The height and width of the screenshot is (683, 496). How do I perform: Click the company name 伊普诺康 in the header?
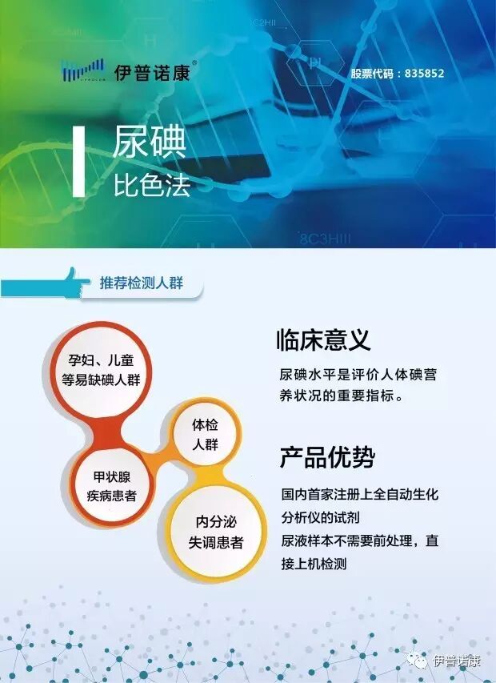[x=149, y=72]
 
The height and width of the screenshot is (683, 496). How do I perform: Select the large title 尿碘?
[x=149, y=143]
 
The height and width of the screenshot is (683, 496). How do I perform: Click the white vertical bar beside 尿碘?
[x=78, y=161]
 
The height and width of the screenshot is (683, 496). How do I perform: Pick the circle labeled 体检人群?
[x=205, y=433]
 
